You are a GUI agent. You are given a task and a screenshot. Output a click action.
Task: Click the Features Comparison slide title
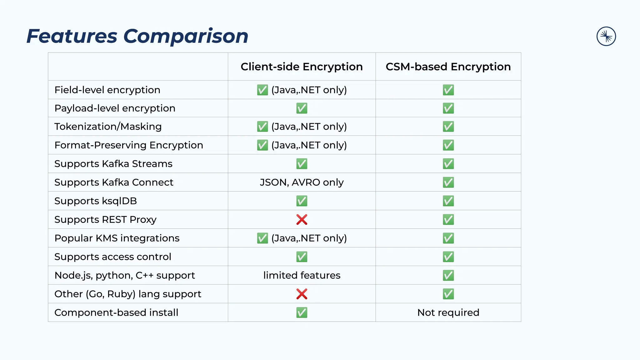[x=137, y=36]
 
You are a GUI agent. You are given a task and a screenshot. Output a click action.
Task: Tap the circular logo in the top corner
[x=606, y=36]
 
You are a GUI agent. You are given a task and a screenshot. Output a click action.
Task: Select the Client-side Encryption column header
[x=302, y=67]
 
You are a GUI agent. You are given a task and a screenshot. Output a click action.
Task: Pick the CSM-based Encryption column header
[x=448, y=67]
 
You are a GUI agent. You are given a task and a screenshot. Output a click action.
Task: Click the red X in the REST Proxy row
[x=302, y=219]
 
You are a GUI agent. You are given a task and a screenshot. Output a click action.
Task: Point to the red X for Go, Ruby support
[x=302, y=294]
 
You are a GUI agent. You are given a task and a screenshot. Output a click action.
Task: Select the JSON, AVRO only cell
[x=302, y=182]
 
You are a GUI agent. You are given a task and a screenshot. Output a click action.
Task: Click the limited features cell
[x=302, y=275]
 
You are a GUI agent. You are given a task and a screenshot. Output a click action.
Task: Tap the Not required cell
[x=448, y=312]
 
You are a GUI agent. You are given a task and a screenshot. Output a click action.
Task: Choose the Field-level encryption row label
[x=107, y=90]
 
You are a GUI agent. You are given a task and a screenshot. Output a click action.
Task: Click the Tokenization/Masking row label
[x=108, y=127]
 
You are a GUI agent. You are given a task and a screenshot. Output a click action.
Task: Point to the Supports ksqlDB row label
[x=96, y=201]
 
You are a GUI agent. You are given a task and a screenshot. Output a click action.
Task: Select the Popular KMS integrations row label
[x=117, y=238]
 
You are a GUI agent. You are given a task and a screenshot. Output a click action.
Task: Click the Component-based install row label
[x=116, y=312]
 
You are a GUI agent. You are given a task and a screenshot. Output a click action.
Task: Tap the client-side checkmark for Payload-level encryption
[x=302, y=108]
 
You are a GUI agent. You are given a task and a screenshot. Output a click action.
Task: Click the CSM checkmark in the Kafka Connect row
[x=448, y=182]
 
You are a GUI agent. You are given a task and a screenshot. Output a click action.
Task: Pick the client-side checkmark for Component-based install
[x=302, y=312]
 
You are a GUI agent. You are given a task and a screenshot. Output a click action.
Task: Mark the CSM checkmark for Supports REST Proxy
[x=448, y=219]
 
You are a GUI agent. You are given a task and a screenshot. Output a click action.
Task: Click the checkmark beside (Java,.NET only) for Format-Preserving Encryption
[x=262, y=145]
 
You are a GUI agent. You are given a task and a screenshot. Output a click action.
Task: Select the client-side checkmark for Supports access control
[x=302, y=257]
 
